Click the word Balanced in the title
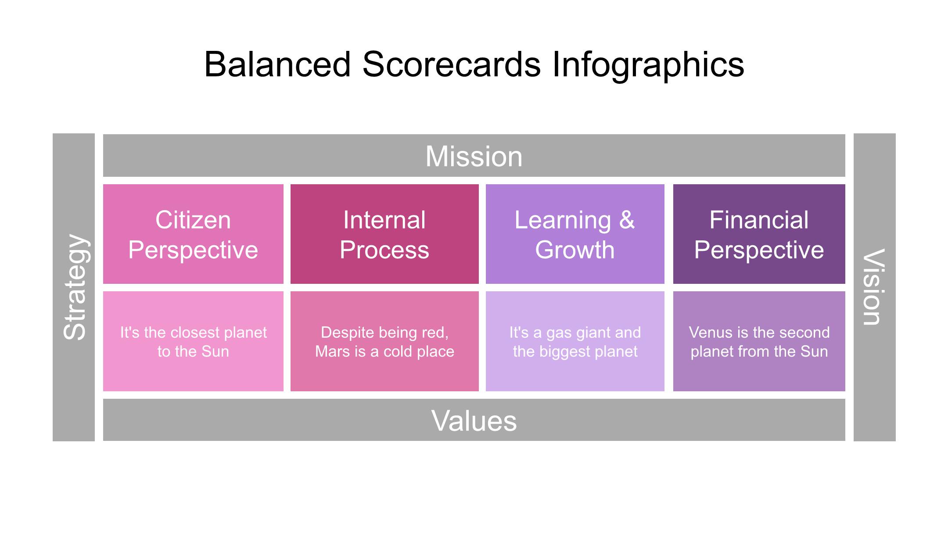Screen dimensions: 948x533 tap(277, 64)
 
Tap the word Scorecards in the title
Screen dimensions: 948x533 tap(451, 64)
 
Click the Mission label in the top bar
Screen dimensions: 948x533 tap(474, 156)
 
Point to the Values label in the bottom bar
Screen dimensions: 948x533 tap(474, 421)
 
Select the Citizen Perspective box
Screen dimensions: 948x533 tap(193, 234)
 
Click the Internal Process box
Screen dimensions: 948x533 tap(384, 234)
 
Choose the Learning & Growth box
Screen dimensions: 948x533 tap(575, 234)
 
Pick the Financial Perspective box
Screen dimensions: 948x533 tap(759, 234)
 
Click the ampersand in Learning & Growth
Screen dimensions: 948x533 tap(627, 220)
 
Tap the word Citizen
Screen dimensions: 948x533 tap(193, 220)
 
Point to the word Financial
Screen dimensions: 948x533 tap(759, 220)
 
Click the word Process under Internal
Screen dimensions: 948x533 tap(384, 250)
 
